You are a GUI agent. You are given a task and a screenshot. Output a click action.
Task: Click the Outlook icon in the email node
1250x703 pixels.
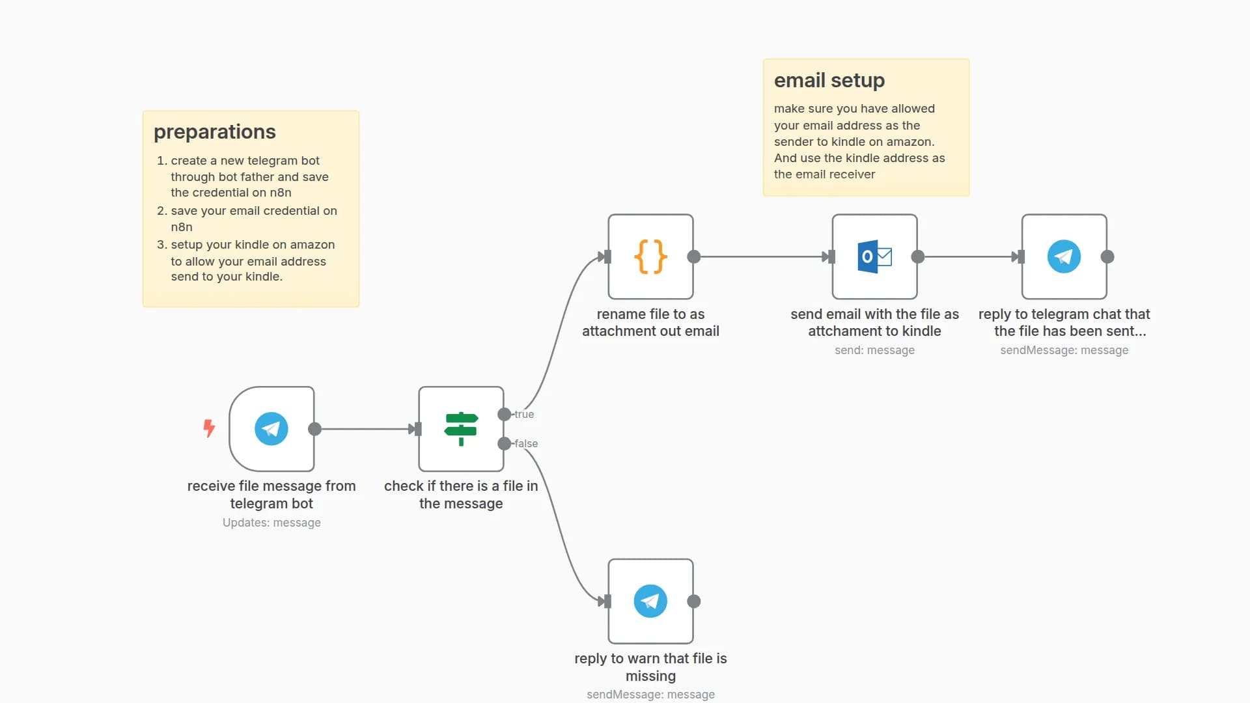pyautogui.click(x=874, y=256)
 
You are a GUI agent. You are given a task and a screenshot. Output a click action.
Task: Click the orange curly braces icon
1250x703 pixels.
pyautogui.click(x=650, y=256)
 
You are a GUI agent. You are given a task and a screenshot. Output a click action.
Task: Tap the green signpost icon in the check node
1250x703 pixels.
pyautogui.click(x=461, y=429)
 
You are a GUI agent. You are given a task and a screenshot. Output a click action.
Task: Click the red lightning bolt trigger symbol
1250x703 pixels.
pyautogui.click(x=209, y=428)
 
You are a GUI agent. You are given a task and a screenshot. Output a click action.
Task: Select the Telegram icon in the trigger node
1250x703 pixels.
pyautogui.click(x=271, y=429)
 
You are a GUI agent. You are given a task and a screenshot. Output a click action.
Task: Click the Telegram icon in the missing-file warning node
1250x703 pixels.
pyautogui.click(x=650, y=601)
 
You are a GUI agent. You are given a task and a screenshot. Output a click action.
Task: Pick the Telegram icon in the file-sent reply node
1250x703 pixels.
pyautogui.click(x=1064, y=256)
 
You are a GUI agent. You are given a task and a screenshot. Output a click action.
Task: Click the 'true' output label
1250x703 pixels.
pyautogui.click(x=524, y=414)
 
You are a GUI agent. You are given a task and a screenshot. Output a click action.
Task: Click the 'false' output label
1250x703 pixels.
pyautogui.click(x=526, y=443)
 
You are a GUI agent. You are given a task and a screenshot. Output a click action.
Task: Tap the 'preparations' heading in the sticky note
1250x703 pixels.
pyautogui.click(x=215, y=131)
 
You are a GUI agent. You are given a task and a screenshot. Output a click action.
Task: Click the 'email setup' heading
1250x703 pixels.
pyautogui.click(x=829, y=80)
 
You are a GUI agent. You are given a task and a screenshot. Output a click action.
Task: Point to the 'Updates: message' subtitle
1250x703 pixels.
pyautogui.click(x=271, y=523)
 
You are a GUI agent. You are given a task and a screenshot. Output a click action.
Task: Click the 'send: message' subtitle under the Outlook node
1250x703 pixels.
pyautogui.click(x=874, y=350)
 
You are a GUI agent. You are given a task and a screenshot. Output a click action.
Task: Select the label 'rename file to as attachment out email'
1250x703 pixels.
pyautogui.click(x=650, y=322)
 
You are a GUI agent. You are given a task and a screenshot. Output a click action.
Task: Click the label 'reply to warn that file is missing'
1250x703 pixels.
pyautogui.click(x=650, y=667)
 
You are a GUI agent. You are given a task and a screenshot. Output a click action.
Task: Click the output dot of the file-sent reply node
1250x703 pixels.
pyautogui.click(x=1107, y=256)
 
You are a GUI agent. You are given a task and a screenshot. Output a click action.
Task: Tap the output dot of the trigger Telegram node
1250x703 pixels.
pyautogui.click(x=314, y=429)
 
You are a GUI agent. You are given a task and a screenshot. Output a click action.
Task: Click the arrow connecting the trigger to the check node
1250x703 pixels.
pyautogui.click(x=365, y=429)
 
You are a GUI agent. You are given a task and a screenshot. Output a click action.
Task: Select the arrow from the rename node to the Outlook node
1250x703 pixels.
pyautogui.click(x=762, y=256)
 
